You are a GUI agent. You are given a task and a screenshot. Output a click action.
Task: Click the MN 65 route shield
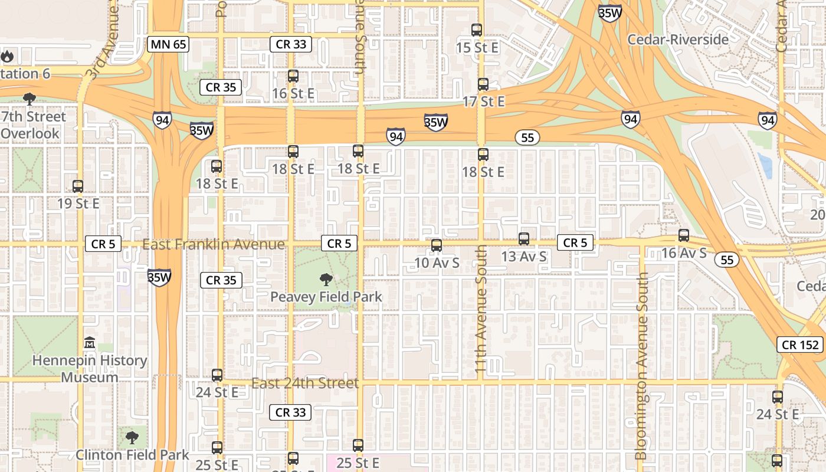168,44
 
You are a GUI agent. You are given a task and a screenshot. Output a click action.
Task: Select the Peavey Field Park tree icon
326,280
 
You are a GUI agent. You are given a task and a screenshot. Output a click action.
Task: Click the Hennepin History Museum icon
90,342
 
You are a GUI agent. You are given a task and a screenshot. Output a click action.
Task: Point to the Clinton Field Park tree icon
132,438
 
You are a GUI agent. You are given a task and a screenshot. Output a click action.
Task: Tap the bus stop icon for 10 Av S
437,245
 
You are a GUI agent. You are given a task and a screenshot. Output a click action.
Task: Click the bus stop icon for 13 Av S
524,239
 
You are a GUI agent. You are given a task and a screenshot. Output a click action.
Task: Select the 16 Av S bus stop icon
684,235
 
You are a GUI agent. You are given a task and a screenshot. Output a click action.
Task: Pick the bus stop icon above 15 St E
477,29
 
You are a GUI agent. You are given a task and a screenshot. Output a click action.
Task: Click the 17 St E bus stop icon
483,84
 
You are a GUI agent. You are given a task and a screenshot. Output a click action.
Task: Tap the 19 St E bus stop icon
78,186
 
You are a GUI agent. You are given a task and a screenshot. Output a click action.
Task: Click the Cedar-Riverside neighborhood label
678,40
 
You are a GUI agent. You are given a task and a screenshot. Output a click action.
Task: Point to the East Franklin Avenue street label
214,244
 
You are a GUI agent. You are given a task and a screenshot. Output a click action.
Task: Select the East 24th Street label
305,383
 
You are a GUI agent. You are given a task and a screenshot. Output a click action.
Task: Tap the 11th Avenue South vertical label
481,310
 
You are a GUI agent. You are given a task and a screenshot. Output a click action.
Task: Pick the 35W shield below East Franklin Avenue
159,277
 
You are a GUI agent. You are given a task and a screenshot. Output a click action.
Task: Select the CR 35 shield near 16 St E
221,87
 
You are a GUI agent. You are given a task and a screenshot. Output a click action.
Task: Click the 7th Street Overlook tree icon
29,99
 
